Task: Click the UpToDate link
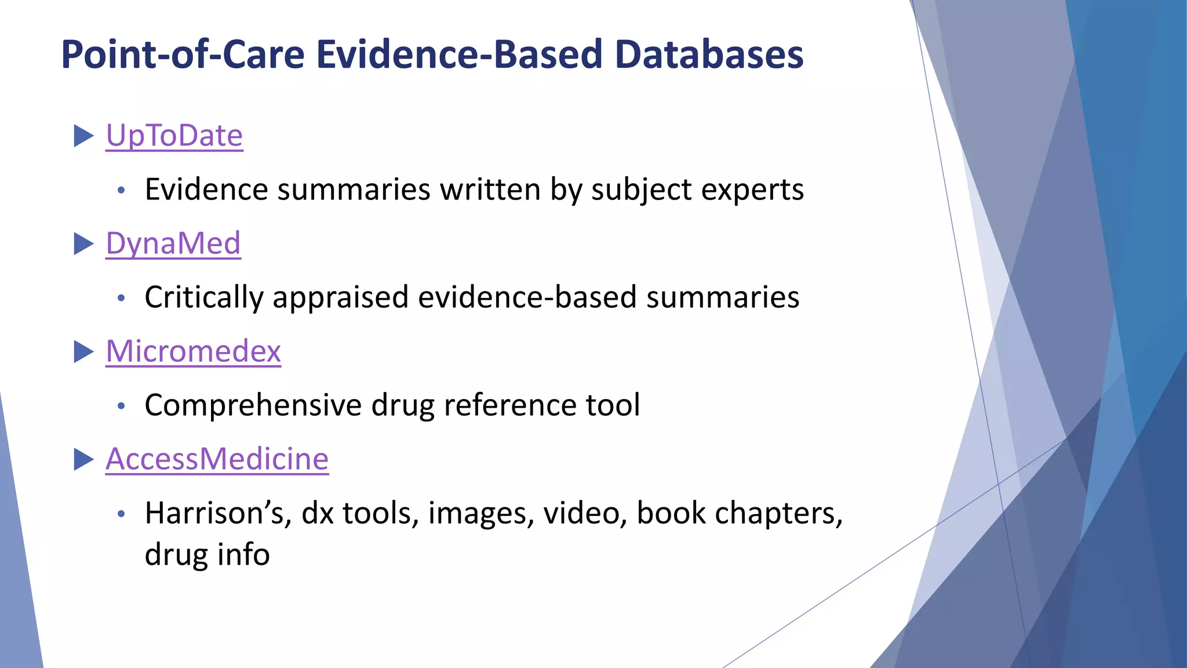[x=174, y=136]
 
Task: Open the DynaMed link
[x=173, y=244]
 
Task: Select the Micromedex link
[x=193, y=351]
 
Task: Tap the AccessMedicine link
[x=217, y=459]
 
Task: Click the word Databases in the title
[x=709, y=55]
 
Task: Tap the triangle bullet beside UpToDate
[x=83, y=136]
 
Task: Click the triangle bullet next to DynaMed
[x=83, y=244]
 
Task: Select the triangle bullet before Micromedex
[x=83, y=351]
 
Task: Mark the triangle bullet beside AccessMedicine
[x=83, y=460]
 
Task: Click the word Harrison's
[x=218, y=513]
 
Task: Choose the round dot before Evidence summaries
[x=121, y=191]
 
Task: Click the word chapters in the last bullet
[x=778, y=514]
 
